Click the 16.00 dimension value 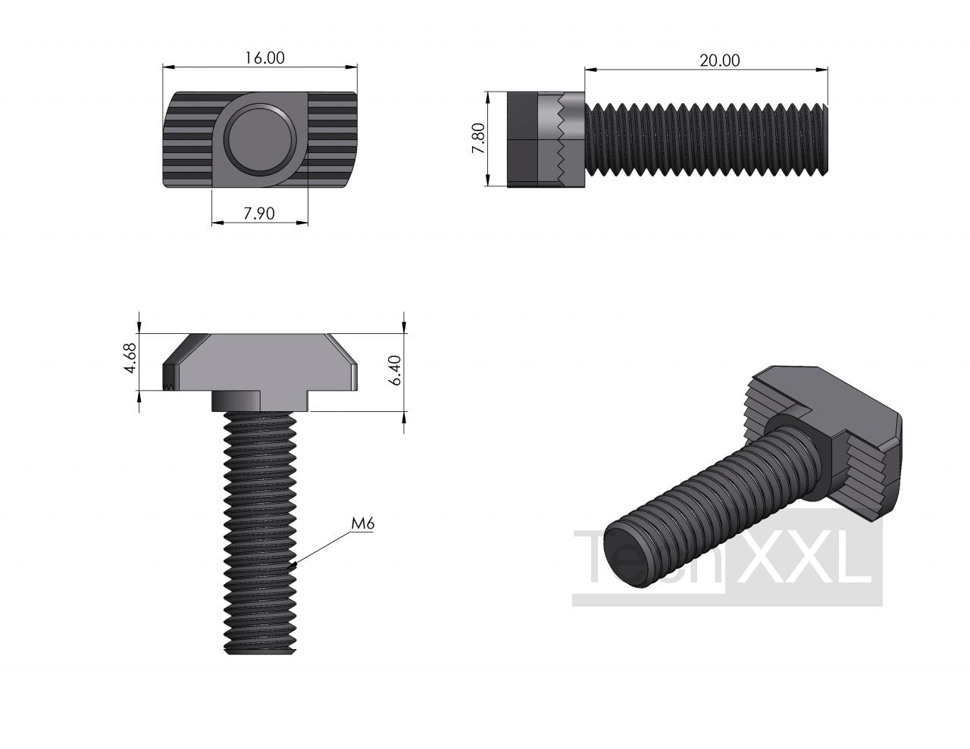click(264, 58)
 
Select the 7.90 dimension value click(259, 214)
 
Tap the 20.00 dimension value click(720, 61)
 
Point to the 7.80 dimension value click(478, 139)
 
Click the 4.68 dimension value click(130, 358)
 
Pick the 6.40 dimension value click(395, 370)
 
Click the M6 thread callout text click(362, 523)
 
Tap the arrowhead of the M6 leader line click(293, 565)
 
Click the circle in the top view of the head click(260, 139)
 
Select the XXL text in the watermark click(803, 557)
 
